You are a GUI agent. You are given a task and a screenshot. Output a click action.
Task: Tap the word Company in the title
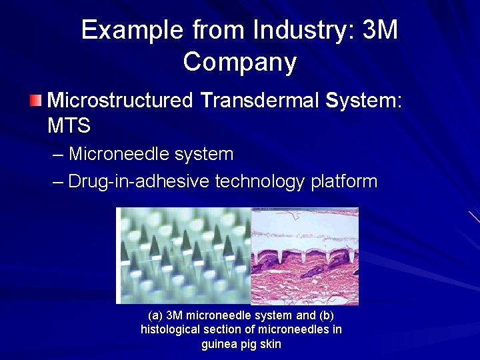(x=240, y=62)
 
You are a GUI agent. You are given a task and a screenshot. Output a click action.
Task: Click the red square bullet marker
(x=35, y=101)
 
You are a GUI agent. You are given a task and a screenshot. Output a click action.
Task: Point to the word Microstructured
(x=120, y=101)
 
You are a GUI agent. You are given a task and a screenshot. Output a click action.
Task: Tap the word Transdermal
(x=260, y=101)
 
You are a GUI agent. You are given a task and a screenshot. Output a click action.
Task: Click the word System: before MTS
(x=364, y=101)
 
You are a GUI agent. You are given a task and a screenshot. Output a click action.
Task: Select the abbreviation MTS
(x=69, y=125)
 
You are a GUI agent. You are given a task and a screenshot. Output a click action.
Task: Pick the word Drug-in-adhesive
(x=139, y=181)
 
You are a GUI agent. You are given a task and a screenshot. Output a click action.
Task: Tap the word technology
(x=261, y=181)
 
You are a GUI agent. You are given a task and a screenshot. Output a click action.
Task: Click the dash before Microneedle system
(x=58, y=155)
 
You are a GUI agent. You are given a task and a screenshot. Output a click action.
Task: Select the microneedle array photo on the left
(x=183, y=255)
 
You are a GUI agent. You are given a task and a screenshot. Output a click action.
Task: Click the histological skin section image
(x=305, y=255)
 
